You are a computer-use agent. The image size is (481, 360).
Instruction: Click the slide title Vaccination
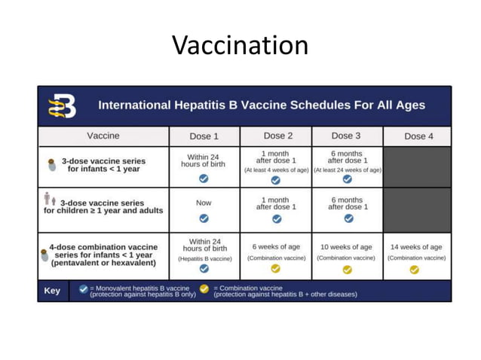click(240, 45)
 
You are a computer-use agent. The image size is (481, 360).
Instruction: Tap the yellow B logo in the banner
click(63, 106)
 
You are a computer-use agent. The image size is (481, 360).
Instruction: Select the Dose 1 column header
click(204, 136)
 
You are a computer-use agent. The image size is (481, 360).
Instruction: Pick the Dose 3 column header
click(347, 136)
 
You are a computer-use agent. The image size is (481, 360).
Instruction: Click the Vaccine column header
click(103, 136)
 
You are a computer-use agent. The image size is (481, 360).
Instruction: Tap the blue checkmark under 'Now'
click(204, 218)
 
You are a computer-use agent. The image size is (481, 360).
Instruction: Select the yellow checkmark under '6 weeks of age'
click(275, 269)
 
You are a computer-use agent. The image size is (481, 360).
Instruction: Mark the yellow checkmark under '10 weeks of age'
click(347, 269)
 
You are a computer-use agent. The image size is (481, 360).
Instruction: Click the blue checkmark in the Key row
click(83, 288)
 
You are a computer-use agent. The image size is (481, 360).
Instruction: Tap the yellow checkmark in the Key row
click(205, 288)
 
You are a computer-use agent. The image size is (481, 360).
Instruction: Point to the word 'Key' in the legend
click(52, 291)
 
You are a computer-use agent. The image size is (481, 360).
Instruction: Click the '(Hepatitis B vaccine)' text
click(204, 258)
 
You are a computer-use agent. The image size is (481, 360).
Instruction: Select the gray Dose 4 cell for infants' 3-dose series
click(417, 166)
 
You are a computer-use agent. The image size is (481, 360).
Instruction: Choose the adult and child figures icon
click(50, 199)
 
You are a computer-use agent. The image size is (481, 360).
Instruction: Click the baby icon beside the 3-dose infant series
click(51, 163)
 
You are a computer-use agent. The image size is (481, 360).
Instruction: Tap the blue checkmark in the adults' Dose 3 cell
click(348, 218)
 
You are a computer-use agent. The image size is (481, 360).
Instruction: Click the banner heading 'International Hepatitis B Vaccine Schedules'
click(262, 105)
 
